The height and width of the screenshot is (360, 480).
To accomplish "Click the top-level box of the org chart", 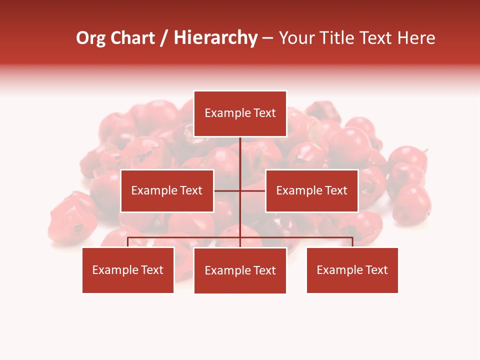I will click(x=240, y=113).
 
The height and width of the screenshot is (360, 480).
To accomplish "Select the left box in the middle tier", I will click(x=167, y=190).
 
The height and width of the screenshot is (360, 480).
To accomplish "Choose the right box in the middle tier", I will click(x=311, y=190).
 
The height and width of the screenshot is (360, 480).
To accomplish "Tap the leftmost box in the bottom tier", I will click(x=128, y=270).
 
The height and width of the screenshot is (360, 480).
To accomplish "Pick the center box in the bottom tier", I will click(x=240, y=270).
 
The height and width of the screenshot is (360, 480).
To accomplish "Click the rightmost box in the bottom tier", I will click(x=352, y=270).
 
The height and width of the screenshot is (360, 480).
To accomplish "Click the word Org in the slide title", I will click(x=90, y=38).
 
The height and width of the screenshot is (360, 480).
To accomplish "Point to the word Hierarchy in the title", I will click(x=215, y=38).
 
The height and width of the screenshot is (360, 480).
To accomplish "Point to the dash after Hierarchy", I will click(x=267, y=38).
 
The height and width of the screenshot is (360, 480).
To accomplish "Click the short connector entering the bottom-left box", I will click(x=128, y=242).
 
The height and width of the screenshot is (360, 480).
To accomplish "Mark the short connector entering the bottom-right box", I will click(x=352, y=242).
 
